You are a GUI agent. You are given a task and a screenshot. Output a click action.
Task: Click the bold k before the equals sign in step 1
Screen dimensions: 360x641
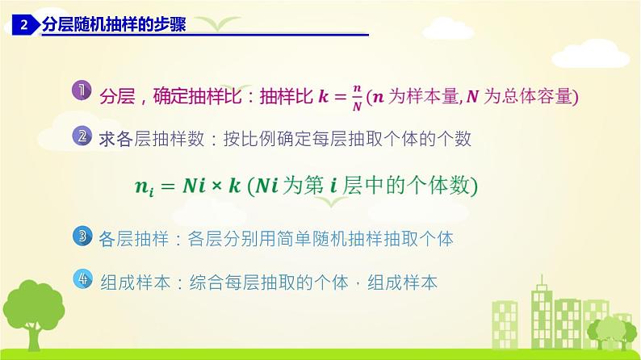(322, 96)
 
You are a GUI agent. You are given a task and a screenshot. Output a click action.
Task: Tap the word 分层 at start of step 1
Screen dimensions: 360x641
(113, 97)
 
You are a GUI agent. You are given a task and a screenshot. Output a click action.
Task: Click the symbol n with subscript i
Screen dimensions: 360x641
(144, 187)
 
